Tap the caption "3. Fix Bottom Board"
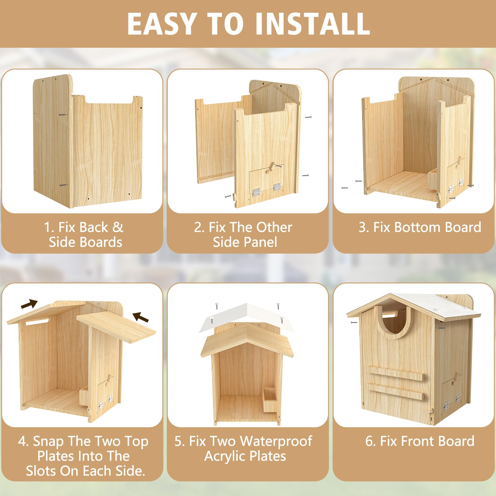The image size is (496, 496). pos(420,227)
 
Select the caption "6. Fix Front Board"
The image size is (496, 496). pos(420,441)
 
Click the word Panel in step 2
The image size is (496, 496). pos(259,242)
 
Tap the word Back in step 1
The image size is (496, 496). pos(93,227)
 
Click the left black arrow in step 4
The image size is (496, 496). pos(29,304)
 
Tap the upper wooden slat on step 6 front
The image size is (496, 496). pos(395,373)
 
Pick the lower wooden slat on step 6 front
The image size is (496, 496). pos(395,392)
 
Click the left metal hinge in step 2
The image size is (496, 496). pos(256,193)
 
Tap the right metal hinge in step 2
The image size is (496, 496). pos(277,187)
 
